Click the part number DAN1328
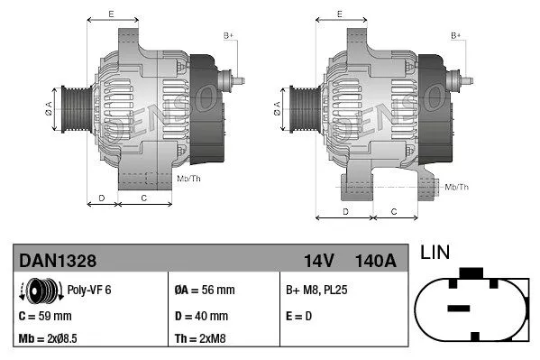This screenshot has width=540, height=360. [x=57, y=261]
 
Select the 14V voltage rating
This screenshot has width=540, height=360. [x=318, y=261]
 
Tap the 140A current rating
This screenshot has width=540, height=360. [x=377, y=261]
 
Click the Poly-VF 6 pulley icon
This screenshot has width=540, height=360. [x=38, y=291]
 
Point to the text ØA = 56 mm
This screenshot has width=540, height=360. [x=204, y=291]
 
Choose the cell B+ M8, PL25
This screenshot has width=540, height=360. [x=317, y=291]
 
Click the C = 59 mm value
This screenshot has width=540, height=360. [x=45, y=316]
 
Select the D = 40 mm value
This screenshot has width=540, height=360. [x=202, y=316]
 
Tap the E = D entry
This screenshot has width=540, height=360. [x=299, y=316]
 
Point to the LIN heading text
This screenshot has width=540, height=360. [x=436, y=254]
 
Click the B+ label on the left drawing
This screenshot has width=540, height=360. [x=228, y=36]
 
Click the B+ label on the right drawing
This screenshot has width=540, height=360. [x=455, y=36]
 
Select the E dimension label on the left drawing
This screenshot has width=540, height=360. [x=111, y=14]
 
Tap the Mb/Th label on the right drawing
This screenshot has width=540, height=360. [x=457, y=187]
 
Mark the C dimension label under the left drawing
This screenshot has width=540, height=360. [x=144, y=197]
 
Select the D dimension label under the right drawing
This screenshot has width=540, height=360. [x=346, y=210]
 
